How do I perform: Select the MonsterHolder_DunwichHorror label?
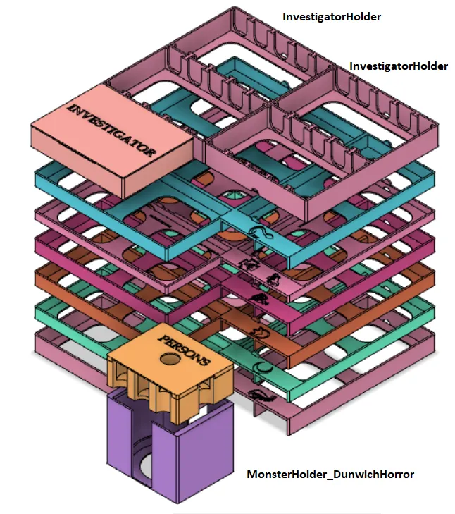[330, 475]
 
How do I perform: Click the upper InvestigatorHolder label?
[331, 16]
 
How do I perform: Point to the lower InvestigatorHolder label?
[399, 66]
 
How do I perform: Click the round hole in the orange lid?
[168, 360]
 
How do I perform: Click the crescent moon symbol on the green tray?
[262, 367]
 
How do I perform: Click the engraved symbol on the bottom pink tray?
[261, 396]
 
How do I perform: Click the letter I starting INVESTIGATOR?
[71, 107]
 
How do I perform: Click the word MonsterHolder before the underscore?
[285, 475]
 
